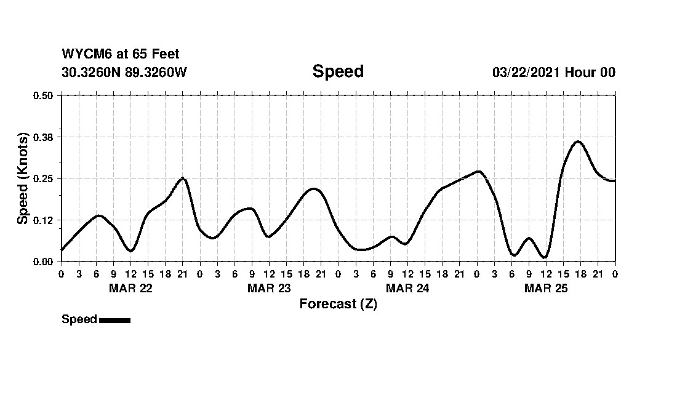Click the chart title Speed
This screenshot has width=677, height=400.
coord(338,71)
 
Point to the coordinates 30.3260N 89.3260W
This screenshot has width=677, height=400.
coord(124,72)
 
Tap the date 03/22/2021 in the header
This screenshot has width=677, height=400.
coord(526,72)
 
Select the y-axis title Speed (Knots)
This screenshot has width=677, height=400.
coord(23,178)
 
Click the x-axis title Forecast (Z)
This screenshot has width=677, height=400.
coord(338,304)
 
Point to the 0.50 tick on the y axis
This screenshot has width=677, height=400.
coord(43,95)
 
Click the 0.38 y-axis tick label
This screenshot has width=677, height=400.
coord(43,137)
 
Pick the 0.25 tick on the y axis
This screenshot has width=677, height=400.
coord(43,178)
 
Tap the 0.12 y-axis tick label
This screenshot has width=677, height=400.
coord(43,220)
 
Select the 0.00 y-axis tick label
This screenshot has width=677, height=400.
coord(43,262)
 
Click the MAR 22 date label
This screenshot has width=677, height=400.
coord(130,288)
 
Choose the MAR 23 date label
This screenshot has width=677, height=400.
coord(269,288)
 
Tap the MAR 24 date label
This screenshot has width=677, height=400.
coord(407,288)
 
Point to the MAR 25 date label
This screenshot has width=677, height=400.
coord(546,288)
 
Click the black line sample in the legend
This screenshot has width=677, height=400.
coord(114,320)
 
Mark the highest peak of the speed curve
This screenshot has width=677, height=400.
coord(578,142)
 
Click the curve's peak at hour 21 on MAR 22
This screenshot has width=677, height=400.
coord(183,178)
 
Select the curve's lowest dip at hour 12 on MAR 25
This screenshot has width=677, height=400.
coord(544,257)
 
